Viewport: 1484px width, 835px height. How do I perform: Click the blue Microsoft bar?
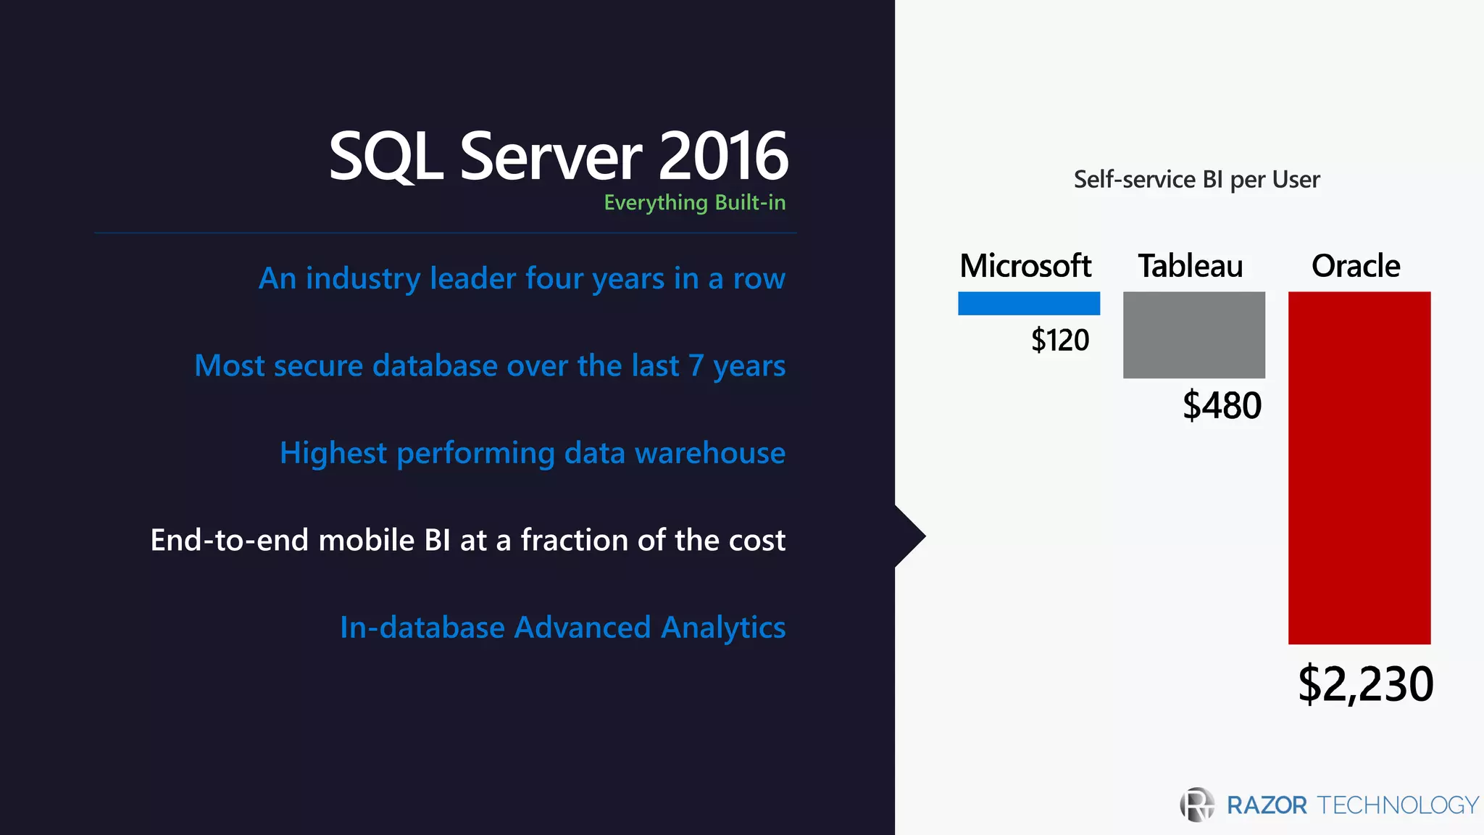pyautogui.click(x=1028, y=303)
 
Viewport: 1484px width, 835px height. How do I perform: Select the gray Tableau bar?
pyautogui.click(x=1193, y=334)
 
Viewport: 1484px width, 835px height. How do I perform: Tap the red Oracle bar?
pyautogui.click(x=1359, y=468)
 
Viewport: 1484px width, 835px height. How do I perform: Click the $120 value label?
pyautogui.click(x=1059, y=340)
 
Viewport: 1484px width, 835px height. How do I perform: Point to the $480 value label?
pyautogui.click(x=1222, y=405)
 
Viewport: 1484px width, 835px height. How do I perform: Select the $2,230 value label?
pyautogui.click(x=1365, y=684)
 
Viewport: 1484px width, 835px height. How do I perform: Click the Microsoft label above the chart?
pyautogui.click(x=1025, y=266)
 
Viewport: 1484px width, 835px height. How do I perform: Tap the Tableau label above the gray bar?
pyautogui.click(x=1190, y=266)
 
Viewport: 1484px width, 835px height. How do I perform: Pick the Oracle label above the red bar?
pyautogui.click(x=1355, y=266)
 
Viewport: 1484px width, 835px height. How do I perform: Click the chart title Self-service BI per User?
pyautogui.click(x=1196, y=179)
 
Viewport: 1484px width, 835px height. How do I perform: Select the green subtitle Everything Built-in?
pyautogui.click(x=694, y=202)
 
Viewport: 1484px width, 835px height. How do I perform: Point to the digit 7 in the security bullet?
pyautogui.click(x=696, y=366)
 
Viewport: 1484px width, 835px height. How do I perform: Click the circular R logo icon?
pyautogui.click(x=1197, y=805)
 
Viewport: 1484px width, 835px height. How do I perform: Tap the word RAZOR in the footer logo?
pyautogui.click(x=1266, y=805)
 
